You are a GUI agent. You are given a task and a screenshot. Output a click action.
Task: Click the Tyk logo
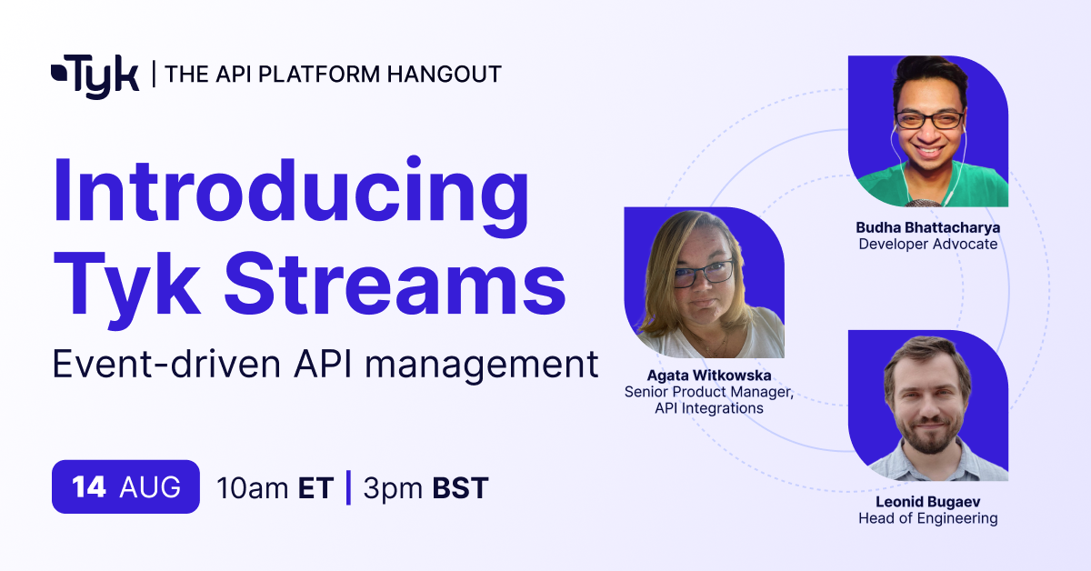[95, 76]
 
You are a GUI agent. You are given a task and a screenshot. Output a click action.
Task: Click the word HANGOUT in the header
[445, 75]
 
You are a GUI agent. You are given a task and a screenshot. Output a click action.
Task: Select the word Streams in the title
[395, 285]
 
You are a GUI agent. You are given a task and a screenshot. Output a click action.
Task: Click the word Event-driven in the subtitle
[166, 365]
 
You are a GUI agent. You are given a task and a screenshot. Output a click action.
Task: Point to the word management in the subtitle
[482, 366]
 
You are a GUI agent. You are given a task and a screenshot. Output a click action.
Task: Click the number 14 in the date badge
[89, 486]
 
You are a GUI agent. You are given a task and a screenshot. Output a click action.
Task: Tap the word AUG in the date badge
[150, 486]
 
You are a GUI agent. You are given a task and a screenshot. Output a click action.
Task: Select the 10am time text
[253, 487]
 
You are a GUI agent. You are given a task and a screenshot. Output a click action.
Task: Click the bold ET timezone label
[316, 487]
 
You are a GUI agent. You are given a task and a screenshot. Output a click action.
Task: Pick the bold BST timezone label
[460, 487]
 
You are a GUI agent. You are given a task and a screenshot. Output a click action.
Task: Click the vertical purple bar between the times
[348, 487]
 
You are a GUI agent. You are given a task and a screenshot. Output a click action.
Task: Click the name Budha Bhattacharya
[928, 227]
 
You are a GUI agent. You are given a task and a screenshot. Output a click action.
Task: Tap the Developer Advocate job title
[928, 244]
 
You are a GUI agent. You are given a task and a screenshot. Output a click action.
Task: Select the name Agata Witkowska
[708, 376]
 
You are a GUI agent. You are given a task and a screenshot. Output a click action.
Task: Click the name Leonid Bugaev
[928, 501]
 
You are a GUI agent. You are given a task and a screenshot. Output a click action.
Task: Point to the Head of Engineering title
[928, 518]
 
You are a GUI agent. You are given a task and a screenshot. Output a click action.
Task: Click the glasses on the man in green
[929, 119]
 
